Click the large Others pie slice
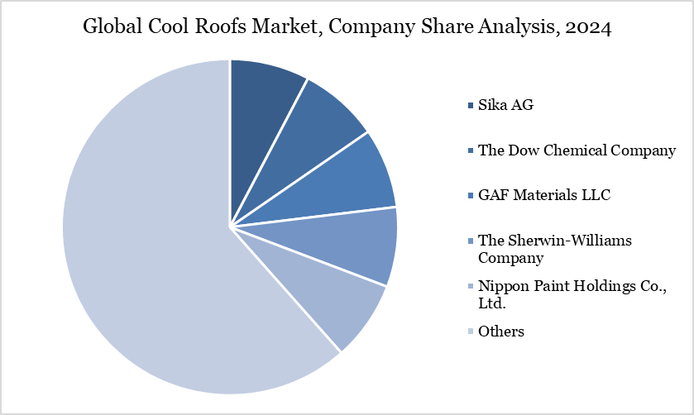tap(149, 248)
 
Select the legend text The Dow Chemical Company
tap(577, 150)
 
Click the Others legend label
tap(501, 332)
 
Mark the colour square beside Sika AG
tap(471, 106)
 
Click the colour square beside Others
tap(471, 332)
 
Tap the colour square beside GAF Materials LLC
tap(471, 196)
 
